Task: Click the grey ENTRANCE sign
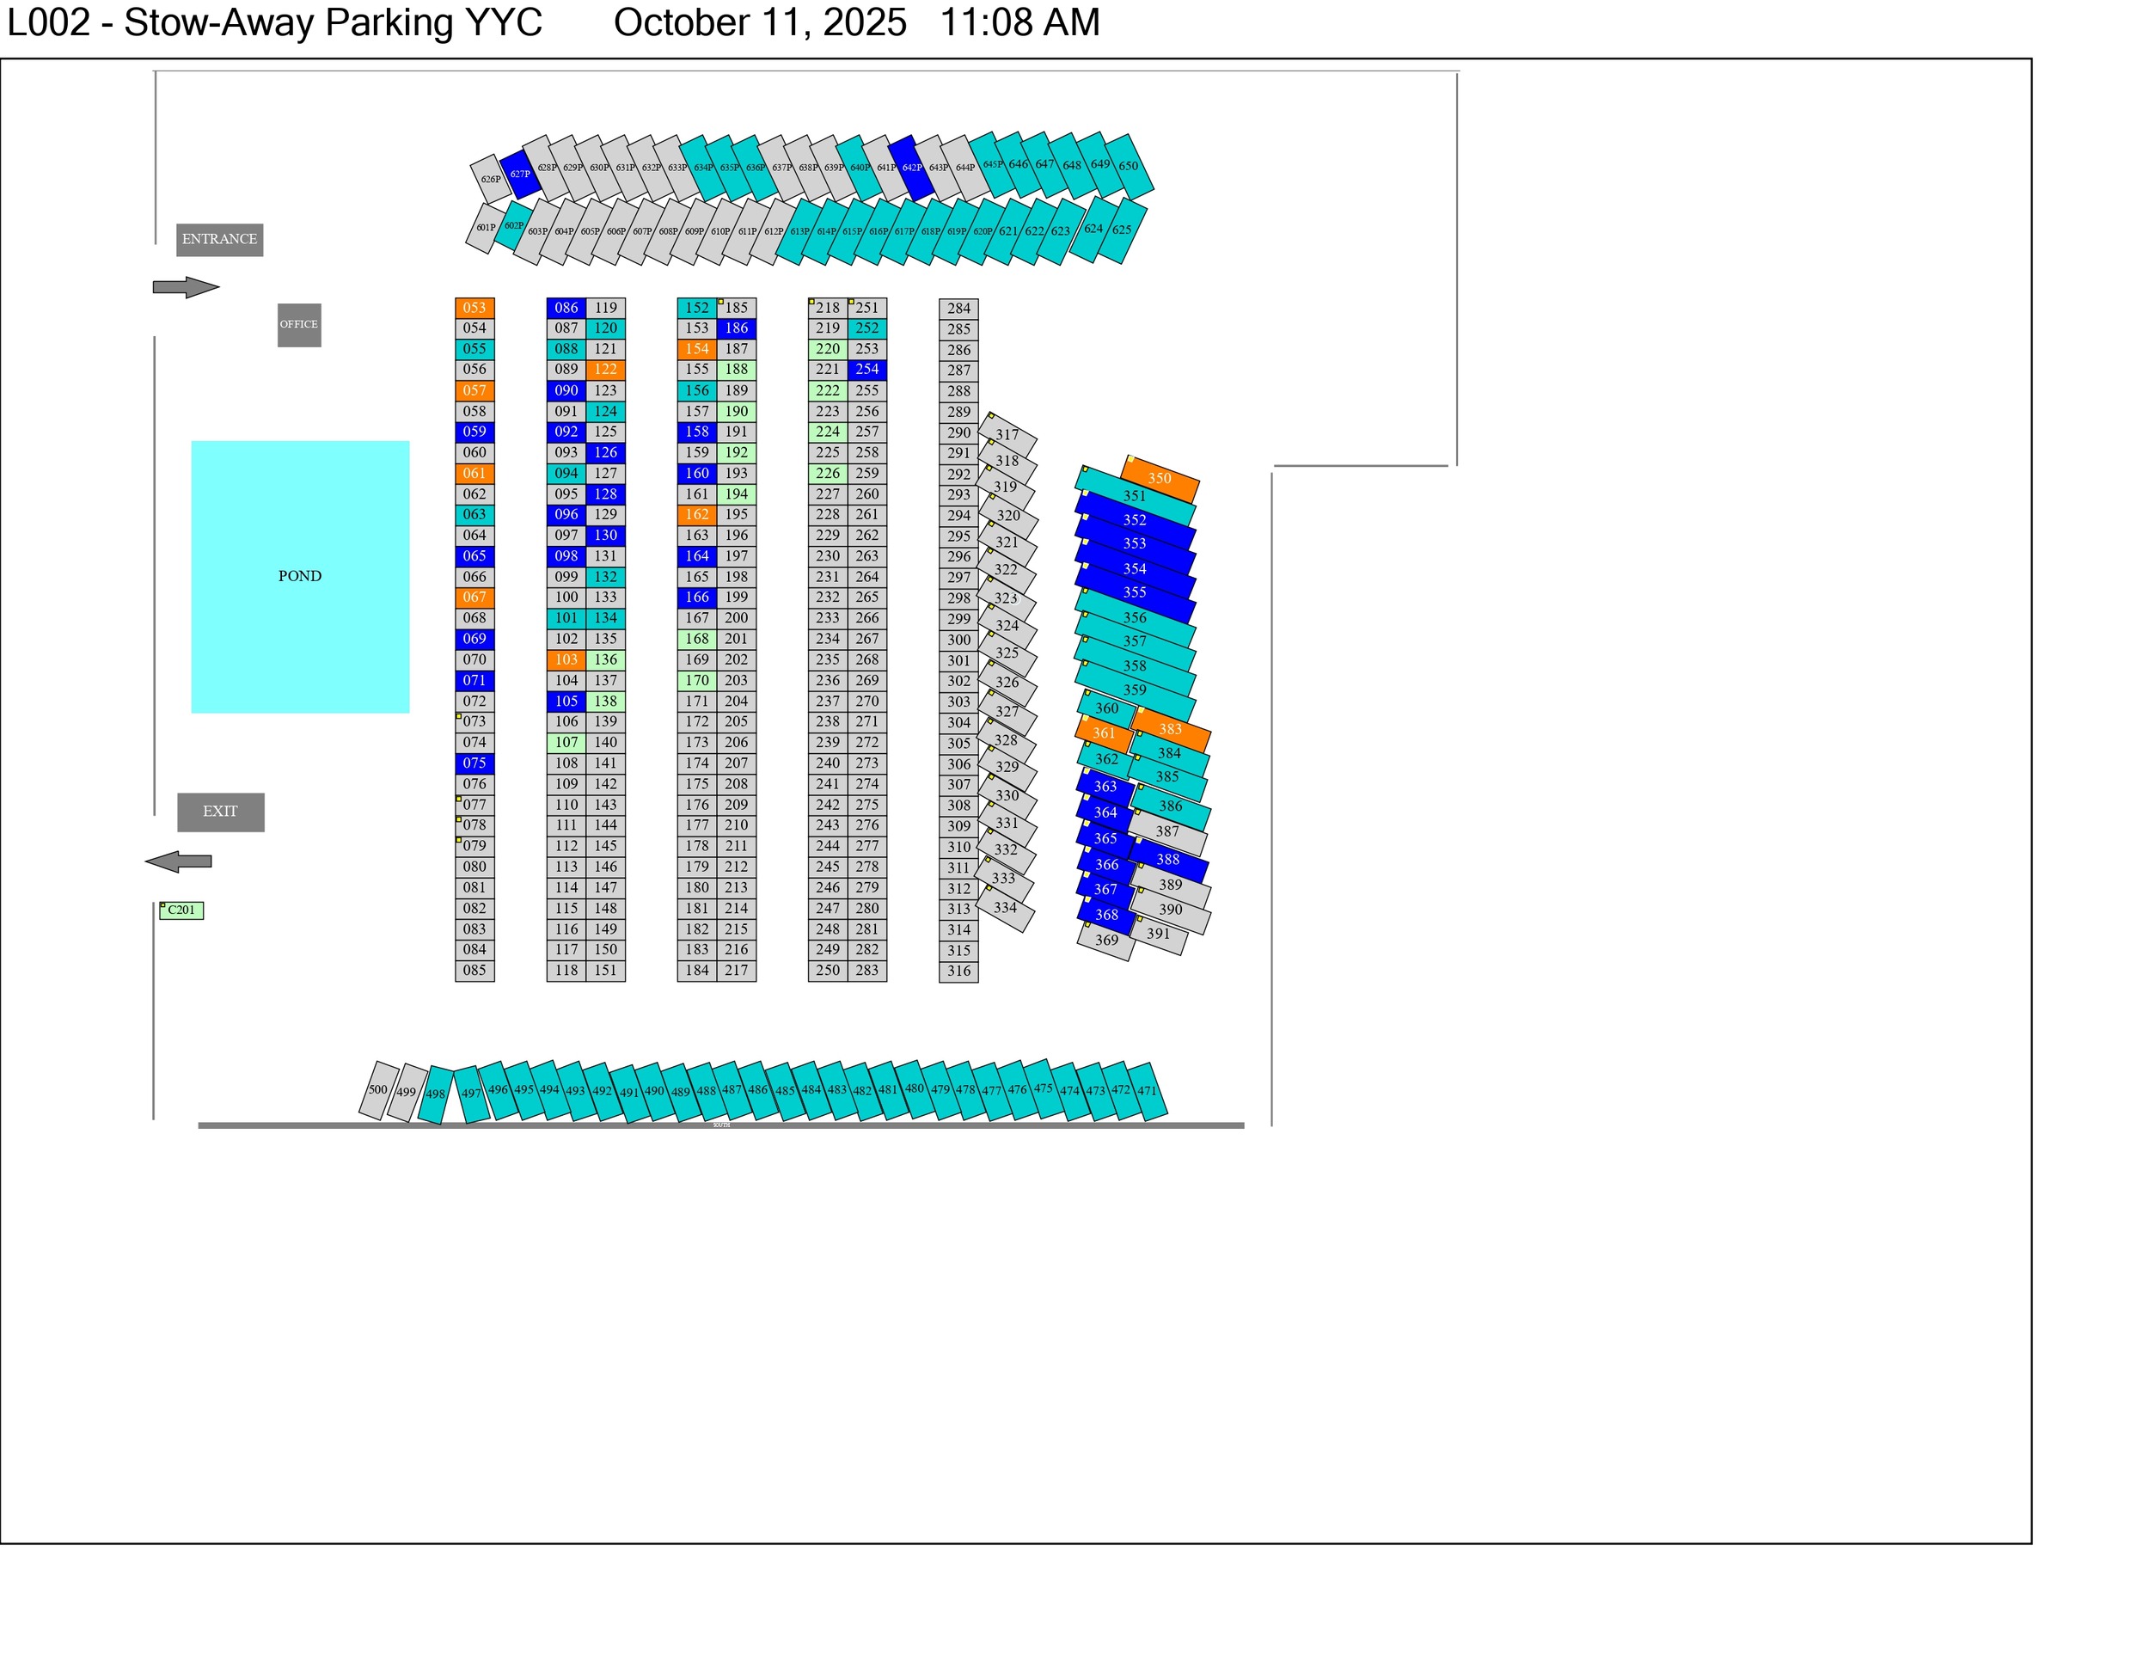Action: pos(219,239)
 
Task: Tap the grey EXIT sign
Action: pos(220,812)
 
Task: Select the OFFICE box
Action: pos(299,325)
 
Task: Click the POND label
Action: pos(300,577)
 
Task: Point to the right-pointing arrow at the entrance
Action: pos(186,287)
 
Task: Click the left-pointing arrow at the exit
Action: pos(178,862)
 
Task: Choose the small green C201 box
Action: pos(182,910)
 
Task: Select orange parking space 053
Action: pos(474,308)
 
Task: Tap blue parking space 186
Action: pos(736,328)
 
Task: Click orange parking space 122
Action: pos(605,370)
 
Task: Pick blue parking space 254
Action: pos(866,370)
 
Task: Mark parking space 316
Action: pos(958,971)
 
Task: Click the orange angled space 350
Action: pos(1160,478)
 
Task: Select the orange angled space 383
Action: pos(1170,729)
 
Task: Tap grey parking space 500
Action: pos(378,1090)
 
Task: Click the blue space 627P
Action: pos(519,175)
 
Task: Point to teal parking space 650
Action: pos(1129,165)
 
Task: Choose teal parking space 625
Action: pos(1122,230)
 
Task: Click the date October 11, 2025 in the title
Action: pos(760,22)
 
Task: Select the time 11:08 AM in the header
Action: pos(1019,22)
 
